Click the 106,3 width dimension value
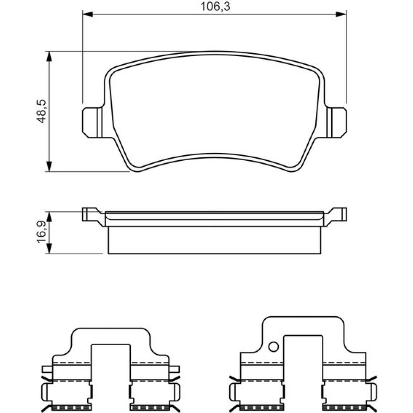point(215,6)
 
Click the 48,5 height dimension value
point(41,112)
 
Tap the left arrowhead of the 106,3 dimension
point(88,14)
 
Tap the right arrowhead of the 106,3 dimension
point(341,14)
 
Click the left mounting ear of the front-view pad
point(92,123)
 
